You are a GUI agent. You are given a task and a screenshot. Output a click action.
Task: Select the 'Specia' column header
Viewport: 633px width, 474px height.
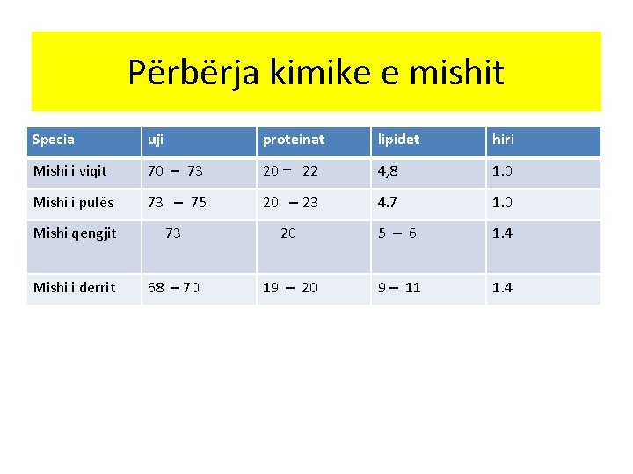54,140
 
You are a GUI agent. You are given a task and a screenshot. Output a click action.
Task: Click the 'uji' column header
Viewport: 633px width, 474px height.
156,140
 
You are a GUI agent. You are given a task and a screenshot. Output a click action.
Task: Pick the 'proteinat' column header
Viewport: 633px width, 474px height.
294,140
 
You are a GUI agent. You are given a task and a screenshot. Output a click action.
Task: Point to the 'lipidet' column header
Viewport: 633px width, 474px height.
398,140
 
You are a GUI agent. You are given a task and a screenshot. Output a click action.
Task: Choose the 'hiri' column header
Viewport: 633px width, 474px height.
503,140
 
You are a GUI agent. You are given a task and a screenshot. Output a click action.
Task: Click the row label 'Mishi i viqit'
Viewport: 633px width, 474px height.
69,171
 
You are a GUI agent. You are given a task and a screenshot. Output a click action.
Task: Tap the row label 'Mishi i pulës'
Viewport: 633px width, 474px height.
73,203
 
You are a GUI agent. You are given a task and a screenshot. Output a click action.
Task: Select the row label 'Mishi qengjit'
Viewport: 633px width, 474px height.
75,233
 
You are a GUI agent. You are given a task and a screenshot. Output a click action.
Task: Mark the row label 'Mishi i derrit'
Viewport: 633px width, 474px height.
74,288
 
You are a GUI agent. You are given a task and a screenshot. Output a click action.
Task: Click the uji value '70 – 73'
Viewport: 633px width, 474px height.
175,171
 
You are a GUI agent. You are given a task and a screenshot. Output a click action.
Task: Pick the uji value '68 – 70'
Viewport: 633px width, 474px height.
173,288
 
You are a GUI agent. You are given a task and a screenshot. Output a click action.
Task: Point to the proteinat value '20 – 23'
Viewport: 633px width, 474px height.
290,203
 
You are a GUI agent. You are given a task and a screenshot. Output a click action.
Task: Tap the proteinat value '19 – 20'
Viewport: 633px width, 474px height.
290,288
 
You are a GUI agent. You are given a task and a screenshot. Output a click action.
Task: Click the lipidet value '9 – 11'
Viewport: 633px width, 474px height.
399,288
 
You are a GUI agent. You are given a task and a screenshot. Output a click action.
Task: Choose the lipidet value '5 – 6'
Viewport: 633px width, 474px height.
397,233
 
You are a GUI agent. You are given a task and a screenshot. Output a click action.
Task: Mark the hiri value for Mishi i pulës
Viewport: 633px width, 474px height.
502,203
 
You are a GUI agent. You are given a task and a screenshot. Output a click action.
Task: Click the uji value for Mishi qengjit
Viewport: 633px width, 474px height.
173,233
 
